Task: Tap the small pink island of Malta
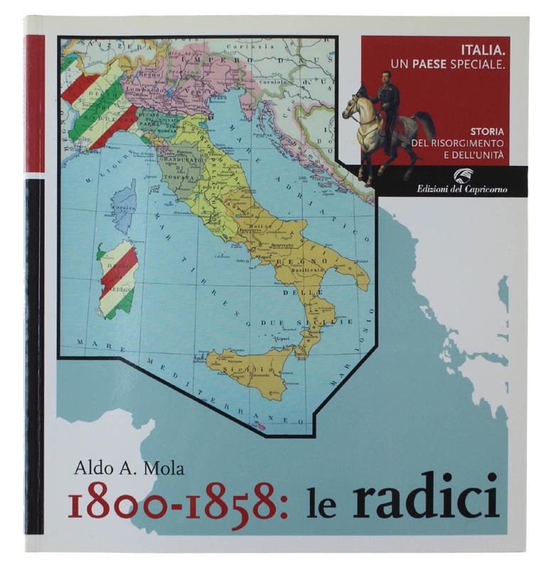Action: point(261,427)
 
